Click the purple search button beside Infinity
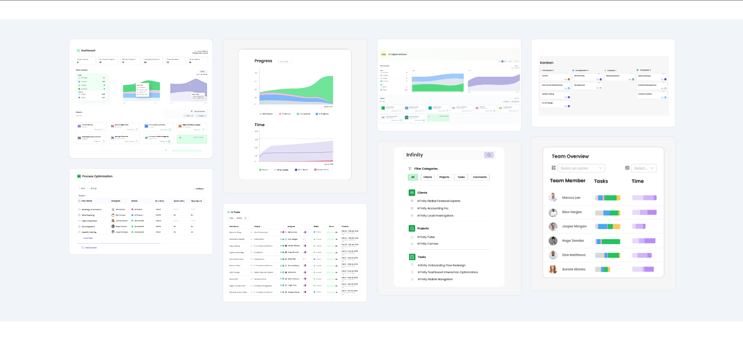489,155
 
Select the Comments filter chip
480,177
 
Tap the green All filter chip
413,177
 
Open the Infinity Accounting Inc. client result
433,208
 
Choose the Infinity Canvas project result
427,244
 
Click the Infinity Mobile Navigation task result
435,279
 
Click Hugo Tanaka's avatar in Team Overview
553,241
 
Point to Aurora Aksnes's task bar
602,269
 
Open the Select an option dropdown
581,168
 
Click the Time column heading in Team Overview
637,181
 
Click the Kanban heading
546,63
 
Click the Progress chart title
263,61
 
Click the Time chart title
260,125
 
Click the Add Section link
90,248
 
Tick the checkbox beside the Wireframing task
79,215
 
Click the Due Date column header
159,201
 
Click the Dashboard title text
88,50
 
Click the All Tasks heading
235,212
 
